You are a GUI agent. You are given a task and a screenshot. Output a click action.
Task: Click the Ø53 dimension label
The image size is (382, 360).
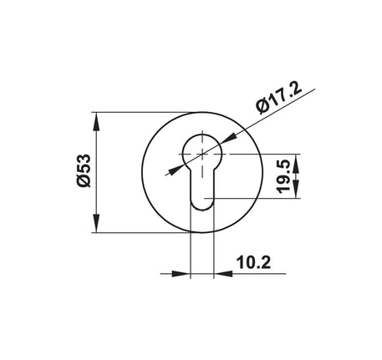pos(84,170)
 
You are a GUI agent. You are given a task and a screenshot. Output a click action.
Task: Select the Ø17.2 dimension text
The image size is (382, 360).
pos(279,99)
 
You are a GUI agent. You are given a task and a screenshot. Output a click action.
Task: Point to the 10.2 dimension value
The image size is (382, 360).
pos(253,262)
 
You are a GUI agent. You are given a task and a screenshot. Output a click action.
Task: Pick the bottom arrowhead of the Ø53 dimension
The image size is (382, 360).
pos(96,223)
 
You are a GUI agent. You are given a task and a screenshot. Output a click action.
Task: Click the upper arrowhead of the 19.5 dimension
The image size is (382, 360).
pos(295,163)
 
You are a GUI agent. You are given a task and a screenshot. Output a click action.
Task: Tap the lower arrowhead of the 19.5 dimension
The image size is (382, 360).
pos(295,190)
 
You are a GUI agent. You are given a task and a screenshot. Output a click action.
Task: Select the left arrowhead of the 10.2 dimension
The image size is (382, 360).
pos(181,273)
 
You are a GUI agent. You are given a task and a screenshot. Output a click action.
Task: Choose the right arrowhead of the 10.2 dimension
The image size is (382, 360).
pos(223,273)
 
